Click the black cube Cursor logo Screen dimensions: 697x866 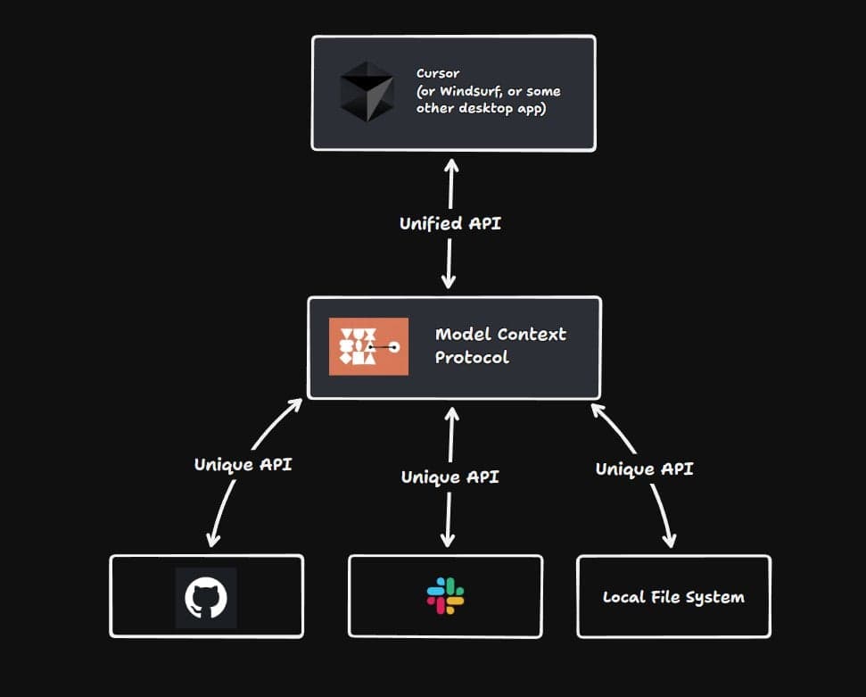[367, 92]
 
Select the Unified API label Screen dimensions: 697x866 [449, 223]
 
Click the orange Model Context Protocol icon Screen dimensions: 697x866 [368, 346]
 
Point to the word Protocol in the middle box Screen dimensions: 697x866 [472, 357]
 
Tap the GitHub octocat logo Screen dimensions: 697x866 [206, 597]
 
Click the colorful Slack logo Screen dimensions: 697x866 [445, 595]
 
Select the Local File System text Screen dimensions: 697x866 [673, 597]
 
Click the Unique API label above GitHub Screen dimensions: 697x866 [243, 464]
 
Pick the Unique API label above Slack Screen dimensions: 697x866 [449, 477]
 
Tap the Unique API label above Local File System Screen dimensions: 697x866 [644, 469]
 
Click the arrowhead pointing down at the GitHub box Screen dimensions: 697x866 [212, 539]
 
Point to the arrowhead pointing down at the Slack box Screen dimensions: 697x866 [448, 540]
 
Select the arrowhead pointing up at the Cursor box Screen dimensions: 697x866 [451, 166]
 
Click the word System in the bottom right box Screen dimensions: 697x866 [718, 597]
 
